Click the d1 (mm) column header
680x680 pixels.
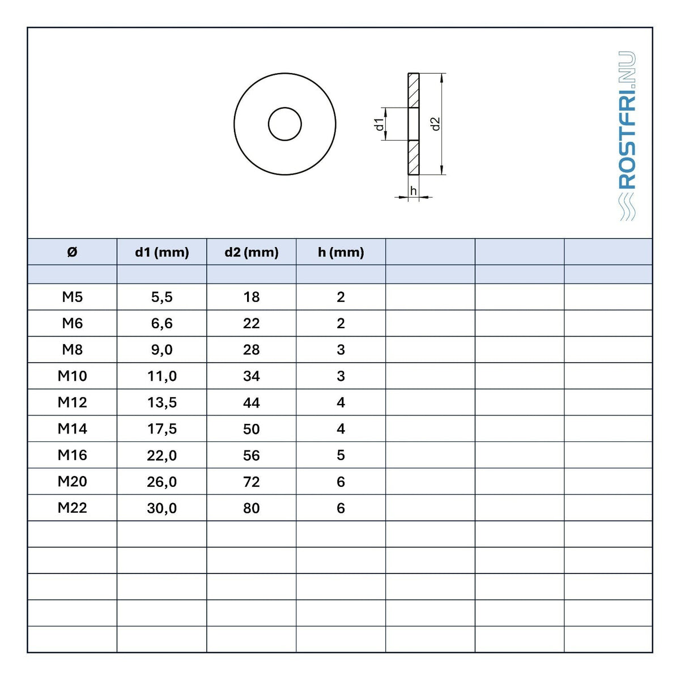[x=162, y=253]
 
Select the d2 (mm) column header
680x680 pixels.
[x=251, y=253]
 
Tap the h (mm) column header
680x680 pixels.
[x=341, y=253]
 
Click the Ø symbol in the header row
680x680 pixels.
[x=72, y=252]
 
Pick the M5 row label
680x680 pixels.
[x=73, y=297]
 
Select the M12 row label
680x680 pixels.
[x=73, y=402]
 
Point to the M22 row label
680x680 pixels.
[x=73, y=508]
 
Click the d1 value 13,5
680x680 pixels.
[x=162, y=403]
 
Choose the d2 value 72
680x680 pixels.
[x=251, y=482]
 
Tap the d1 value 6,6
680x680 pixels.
[x=162, y=324]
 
